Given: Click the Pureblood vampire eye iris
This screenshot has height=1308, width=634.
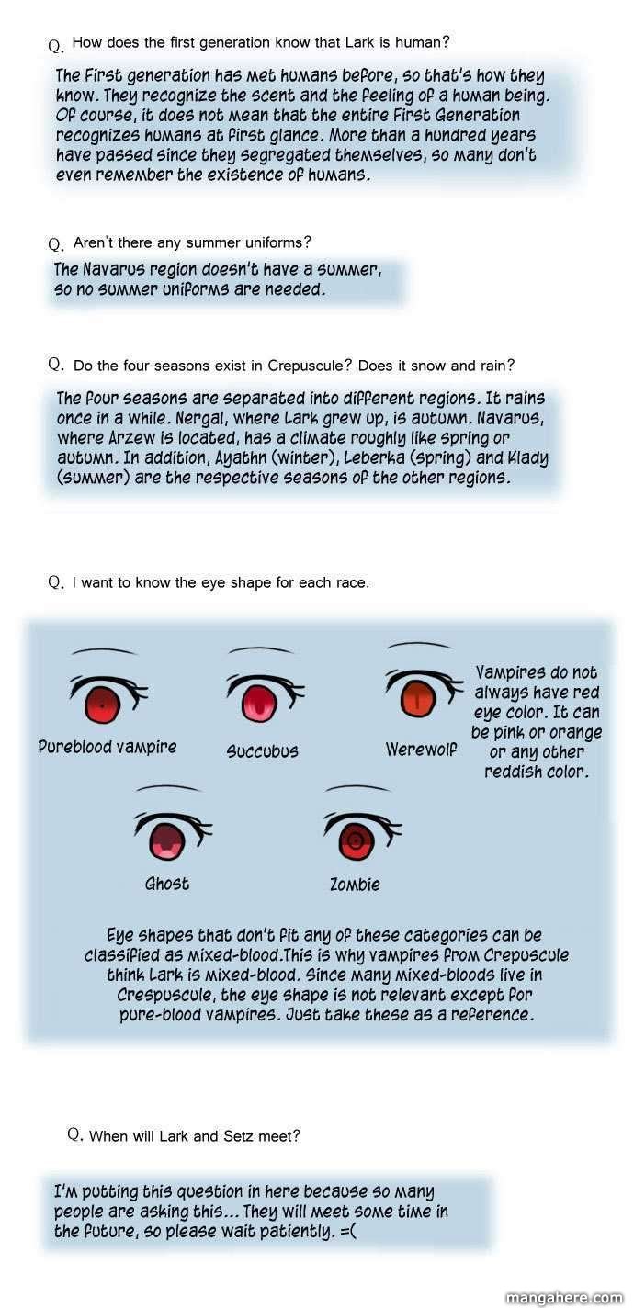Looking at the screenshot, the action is (103, 705).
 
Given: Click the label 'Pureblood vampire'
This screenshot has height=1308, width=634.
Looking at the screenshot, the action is (108, 747).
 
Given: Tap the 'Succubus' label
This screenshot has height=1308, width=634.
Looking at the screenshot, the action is (263, 751).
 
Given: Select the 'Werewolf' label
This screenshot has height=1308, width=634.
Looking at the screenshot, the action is (422, 750).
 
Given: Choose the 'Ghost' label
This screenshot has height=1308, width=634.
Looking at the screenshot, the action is (167, 884).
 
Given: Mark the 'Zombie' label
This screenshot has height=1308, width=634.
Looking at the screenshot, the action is (356, 884).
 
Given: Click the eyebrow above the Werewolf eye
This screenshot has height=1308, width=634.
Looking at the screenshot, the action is (420, 645).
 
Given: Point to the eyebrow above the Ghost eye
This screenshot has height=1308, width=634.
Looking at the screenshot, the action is (168, 788).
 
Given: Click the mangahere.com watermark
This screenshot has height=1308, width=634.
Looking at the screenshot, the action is (565, 1298).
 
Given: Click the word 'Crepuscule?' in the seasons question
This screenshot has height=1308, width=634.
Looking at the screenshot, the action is (311, 366).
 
